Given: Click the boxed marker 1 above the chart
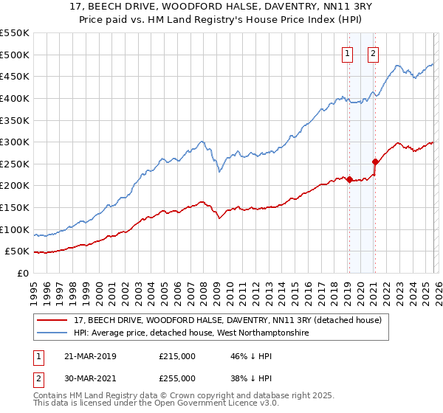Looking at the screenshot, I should [347, 52].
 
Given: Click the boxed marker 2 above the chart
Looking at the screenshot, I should [374, 52].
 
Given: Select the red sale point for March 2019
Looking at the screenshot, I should [348, 179].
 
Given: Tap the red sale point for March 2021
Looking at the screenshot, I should [375, 162].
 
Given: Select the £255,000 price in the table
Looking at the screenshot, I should [177, 378].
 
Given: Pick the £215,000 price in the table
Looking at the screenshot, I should [177, 355].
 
